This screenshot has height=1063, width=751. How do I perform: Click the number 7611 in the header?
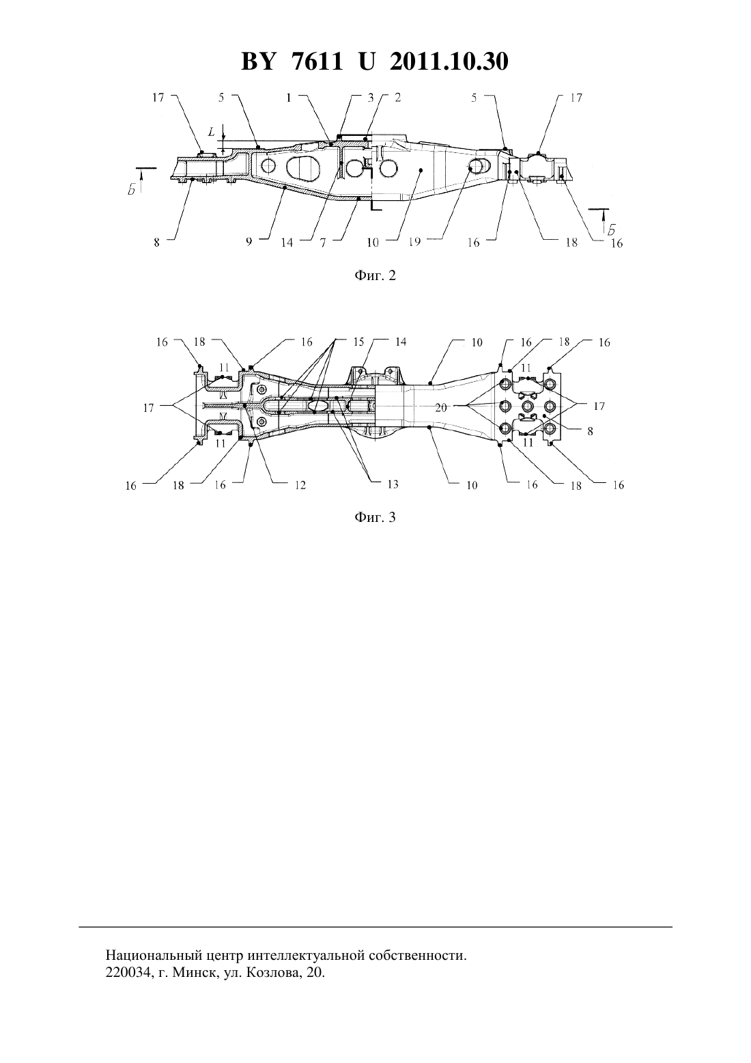316,61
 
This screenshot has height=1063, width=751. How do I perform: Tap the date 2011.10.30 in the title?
449,61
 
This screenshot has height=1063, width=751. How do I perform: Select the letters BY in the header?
258,61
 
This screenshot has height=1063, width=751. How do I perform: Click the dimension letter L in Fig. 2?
212,131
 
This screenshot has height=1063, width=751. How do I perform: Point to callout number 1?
289,98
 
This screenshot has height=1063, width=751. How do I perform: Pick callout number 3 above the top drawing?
371,98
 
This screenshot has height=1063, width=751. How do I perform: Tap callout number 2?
398,98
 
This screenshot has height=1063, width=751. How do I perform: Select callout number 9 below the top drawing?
249,242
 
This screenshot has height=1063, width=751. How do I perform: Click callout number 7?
322,242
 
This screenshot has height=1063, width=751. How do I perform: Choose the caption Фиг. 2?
375,276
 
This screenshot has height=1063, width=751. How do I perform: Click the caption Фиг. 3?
375,517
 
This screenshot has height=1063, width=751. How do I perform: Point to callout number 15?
358,342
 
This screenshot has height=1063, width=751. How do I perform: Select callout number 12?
300,484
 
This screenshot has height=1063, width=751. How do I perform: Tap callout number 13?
393,484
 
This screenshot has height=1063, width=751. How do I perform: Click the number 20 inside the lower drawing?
441,408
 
